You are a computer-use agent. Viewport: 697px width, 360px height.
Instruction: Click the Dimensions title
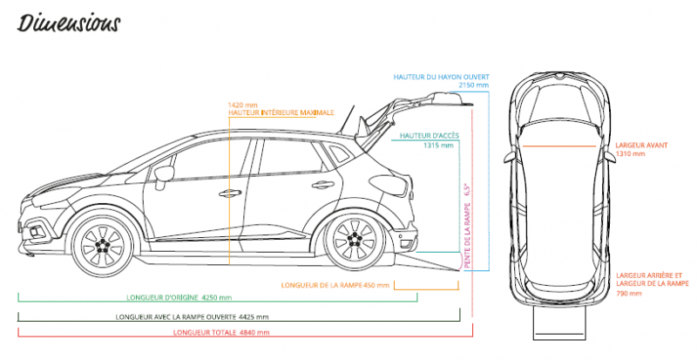point(69,24)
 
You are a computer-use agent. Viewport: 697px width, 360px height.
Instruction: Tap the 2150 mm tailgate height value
point(474,85)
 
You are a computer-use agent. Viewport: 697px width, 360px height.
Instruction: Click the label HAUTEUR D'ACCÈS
point(430,136)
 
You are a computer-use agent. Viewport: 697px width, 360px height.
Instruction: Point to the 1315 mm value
point(439,145)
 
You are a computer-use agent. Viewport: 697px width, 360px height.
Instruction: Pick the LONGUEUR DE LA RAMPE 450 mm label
point(335,285)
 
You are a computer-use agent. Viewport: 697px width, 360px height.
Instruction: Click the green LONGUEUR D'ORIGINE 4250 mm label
point(179,298)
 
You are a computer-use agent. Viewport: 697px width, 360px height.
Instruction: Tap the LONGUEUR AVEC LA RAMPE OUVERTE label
point(176,317)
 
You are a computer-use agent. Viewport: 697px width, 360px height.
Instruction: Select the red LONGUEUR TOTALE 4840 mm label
point(221,332)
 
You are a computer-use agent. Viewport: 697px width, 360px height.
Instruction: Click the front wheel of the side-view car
point(103,243)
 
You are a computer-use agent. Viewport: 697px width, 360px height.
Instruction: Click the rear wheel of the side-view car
point(355,240)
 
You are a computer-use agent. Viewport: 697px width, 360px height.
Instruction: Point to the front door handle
point(230,194)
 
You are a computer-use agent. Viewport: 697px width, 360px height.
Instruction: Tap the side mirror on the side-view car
point(163,174)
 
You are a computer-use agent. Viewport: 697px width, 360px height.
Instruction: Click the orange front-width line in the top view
point(558,146)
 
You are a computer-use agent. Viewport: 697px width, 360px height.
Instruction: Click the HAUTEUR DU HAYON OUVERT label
point(442,77)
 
